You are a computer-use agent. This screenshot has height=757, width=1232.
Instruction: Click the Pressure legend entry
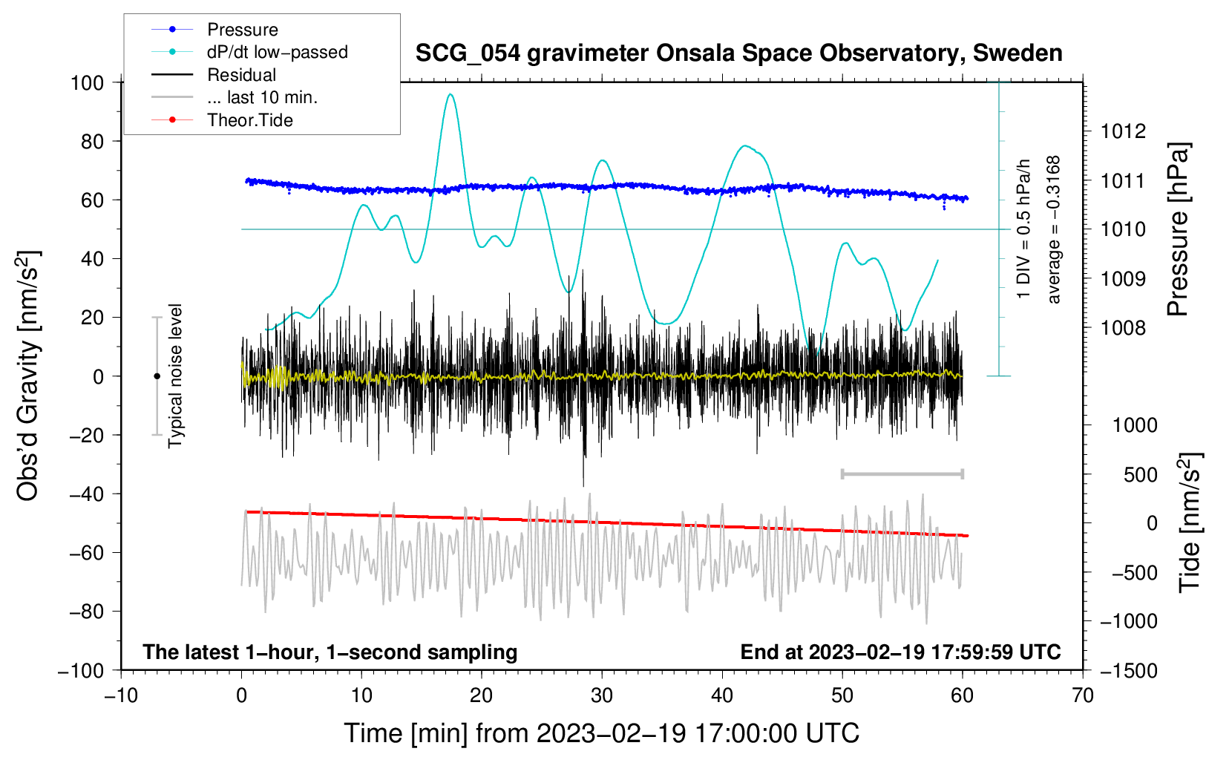(242, 30)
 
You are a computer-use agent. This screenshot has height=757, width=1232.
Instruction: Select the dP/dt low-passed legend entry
(277, 52)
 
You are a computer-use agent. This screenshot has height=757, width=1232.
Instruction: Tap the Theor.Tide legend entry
(249, 120)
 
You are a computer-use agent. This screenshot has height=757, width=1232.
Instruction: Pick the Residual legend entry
(241, 75)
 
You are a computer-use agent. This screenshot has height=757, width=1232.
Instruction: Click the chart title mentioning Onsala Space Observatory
(738, 53)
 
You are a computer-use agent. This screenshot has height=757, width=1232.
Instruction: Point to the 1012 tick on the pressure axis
(1123, 131)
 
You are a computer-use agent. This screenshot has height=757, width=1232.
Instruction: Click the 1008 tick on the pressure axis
(1123, 327)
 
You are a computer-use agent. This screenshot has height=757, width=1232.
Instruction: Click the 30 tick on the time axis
(602, 695)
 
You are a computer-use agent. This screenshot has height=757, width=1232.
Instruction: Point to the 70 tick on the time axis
(1083, 695)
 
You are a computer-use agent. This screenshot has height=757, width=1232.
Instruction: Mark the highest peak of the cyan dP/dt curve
(450, 94)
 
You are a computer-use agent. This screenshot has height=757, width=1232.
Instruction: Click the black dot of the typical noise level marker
(157, 376)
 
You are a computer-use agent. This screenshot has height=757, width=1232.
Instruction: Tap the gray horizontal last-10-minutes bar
(902, 473)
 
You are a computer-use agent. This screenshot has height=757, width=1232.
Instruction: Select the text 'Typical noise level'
(175, 376)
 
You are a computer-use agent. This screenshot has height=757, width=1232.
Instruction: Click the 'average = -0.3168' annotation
(1053, 229)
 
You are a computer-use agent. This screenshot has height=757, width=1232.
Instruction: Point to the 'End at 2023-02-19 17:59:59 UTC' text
(900, 652)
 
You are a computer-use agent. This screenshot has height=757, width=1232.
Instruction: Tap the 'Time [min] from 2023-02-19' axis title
(601, 733)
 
